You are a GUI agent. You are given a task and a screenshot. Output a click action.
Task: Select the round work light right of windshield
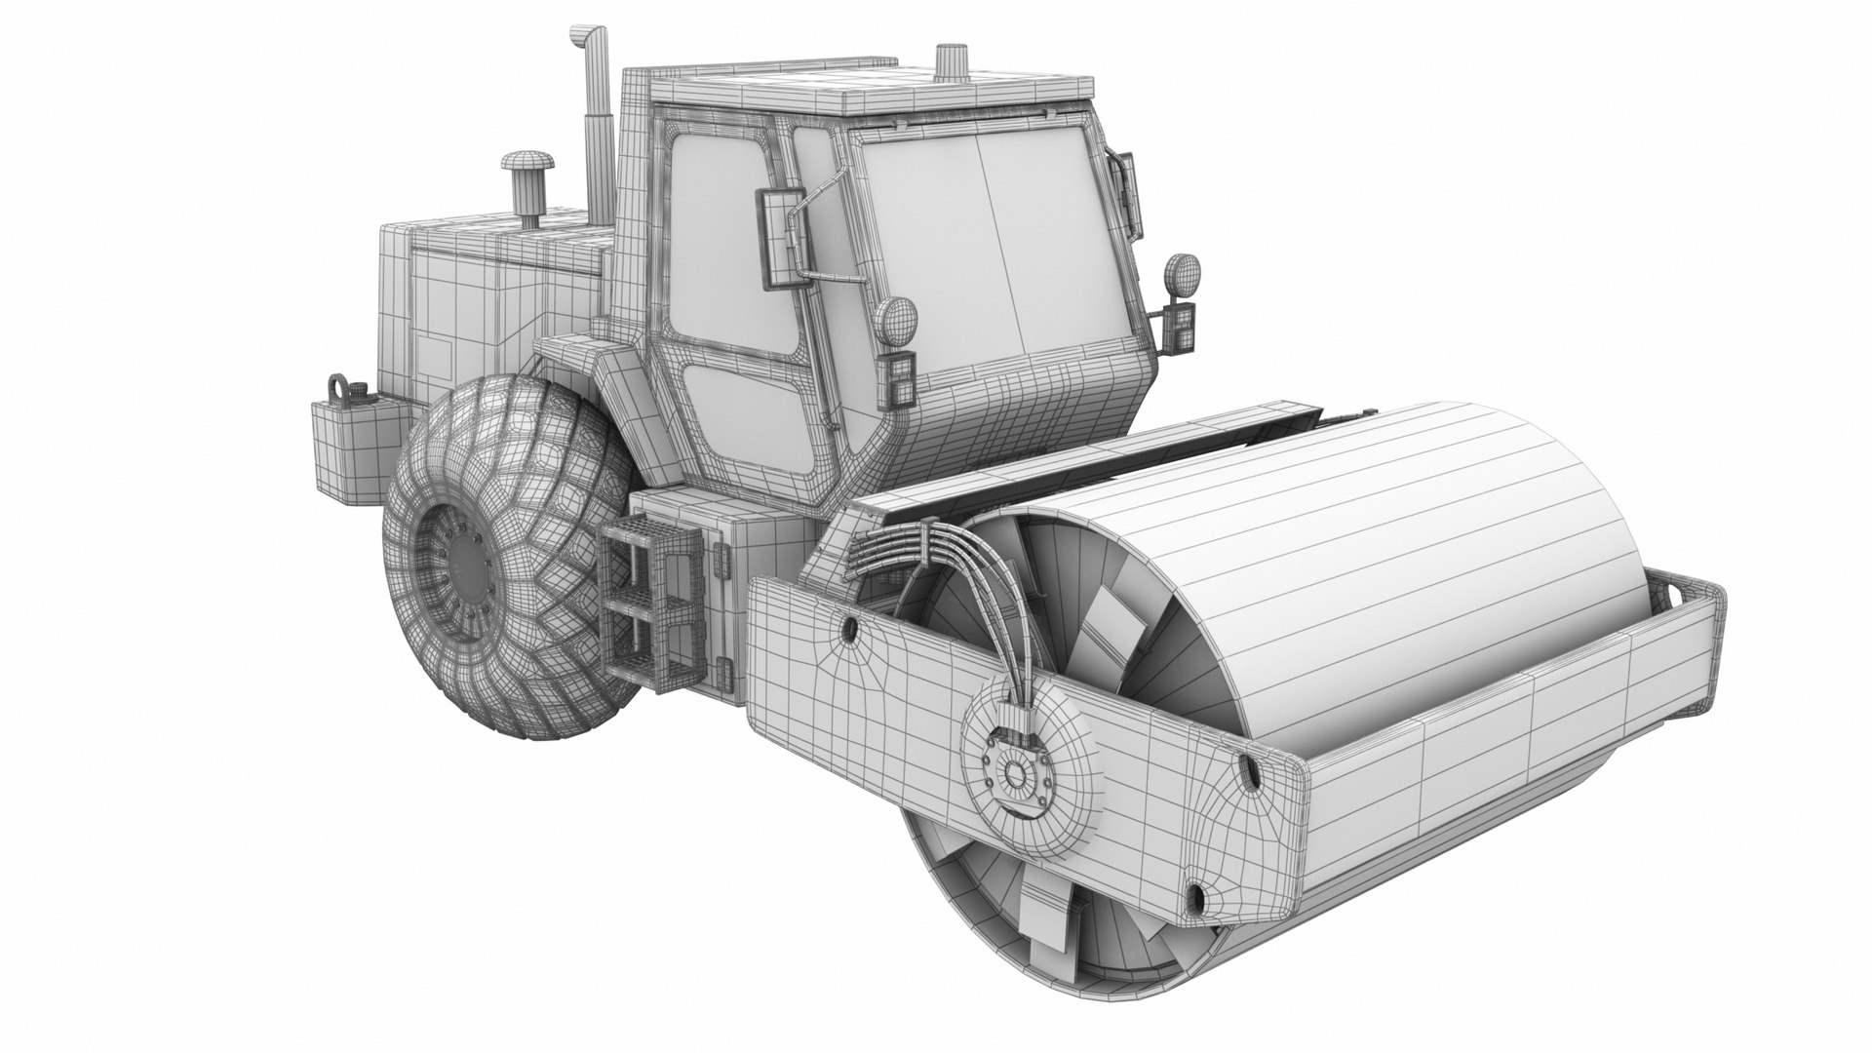pos(1184,273)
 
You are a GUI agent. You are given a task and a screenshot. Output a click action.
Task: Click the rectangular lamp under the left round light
pos(898,379)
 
